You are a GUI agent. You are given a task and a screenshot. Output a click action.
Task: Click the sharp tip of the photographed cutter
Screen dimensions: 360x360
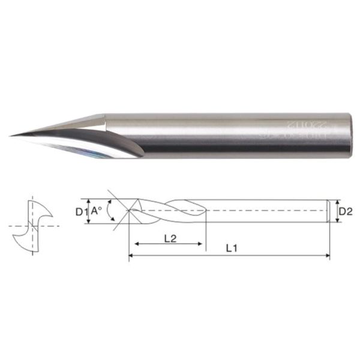[12, 135]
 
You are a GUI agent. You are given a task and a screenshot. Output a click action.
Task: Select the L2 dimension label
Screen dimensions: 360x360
[169, 238]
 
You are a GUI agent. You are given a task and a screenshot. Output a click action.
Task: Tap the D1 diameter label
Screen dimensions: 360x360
[81, 211]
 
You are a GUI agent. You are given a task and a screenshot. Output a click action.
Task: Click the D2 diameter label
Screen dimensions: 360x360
[344, 211]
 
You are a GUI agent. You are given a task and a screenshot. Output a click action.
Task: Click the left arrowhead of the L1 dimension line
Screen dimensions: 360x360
[131, 256]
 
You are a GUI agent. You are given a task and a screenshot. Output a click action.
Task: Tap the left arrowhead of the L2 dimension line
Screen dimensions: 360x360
[137, 244]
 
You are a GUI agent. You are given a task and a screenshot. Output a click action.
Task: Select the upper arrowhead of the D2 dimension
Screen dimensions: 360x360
[337, 202]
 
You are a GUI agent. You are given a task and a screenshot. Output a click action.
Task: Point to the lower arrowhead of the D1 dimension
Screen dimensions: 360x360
[89, 221]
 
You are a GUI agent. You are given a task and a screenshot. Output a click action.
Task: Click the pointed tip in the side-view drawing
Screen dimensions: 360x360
[128, 211]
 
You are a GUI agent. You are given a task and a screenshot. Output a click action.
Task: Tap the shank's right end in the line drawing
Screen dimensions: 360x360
[328, 211]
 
